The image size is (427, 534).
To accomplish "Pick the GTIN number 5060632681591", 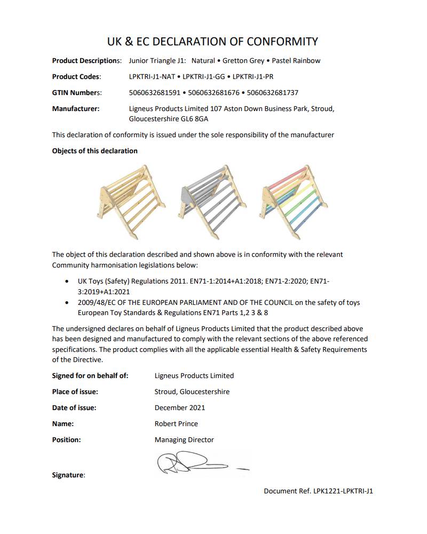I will (x=155, y=93).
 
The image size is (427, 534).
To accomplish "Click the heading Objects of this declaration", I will (x=94, y=151).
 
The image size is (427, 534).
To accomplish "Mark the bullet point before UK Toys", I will (x=66, y=281).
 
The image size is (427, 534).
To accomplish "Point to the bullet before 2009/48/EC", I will (x=66, y=303).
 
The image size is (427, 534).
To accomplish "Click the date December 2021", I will (x=180, y=407).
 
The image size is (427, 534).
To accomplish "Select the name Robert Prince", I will (x=176, y=423).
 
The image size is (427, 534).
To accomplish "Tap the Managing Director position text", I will (x=184, y=440).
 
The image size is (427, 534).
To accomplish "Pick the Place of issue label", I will (x=75, y=391).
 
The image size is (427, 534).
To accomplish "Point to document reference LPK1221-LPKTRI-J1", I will (x=343, y=491).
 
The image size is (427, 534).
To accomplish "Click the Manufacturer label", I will (x=76, y=108).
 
